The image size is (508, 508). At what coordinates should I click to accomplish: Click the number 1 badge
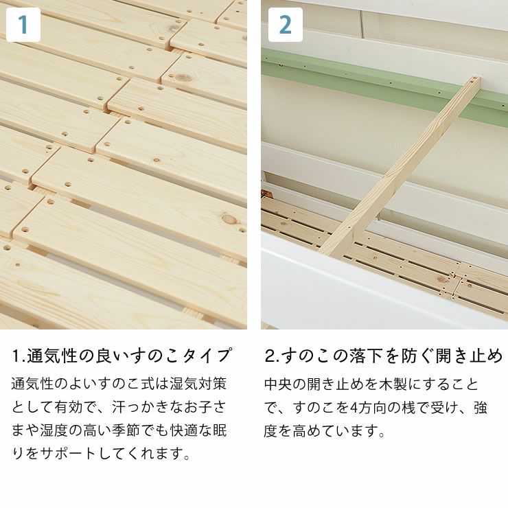[23, 25]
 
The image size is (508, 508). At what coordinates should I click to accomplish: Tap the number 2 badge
[285, 25]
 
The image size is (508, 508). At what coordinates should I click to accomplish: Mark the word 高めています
[330, 431]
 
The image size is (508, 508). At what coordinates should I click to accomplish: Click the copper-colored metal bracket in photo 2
[264, 194]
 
